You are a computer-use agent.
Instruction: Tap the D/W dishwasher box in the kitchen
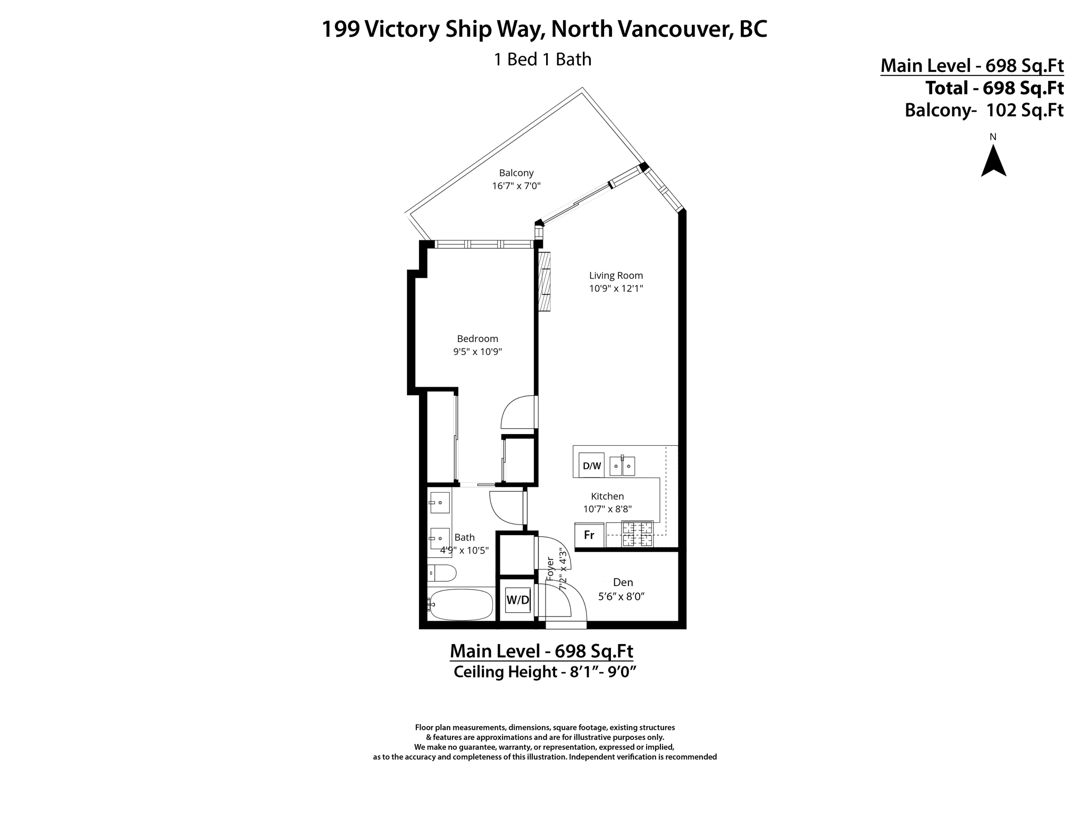592,466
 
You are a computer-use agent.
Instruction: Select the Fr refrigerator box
589,535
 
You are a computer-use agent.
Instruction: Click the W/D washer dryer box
517,600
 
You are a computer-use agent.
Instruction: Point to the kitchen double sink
622,466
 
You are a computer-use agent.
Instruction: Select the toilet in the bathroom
442,573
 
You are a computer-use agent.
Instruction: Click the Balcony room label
516,173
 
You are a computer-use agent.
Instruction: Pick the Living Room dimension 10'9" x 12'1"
616,289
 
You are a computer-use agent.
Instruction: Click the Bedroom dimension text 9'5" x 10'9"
477,352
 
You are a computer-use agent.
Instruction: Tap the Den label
623,582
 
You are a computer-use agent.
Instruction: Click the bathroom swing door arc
506,508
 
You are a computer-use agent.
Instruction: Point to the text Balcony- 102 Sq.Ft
984,110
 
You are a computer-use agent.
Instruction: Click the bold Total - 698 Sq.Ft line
994,88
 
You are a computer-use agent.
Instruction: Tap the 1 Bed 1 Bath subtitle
542,59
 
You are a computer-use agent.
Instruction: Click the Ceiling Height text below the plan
544,672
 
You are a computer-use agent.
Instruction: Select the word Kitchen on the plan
607,496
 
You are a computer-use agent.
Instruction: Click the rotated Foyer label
550,569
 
